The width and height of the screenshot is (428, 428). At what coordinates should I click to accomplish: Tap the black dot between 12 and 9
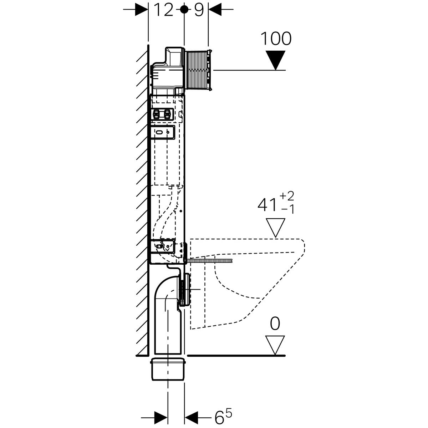184,10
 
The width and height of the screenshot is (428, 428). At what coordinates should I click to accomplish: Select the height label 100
276,39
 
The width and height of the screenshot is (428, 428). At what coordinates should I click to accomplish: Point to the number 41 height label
267,205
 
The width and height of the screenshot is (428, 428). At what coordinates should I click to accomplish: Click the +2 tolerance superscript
287,196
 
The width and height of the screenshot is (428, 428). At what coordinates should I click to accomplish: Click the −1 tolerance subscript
287,209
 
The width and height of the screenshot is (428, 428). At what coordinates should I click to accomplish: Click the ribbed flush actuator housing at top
198,70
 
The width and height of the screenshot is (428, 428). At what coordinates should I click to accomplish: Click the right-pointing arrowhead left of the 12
142,10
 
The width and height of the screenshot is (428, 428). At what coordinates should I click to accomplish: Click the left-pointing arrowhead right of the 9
215,10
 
